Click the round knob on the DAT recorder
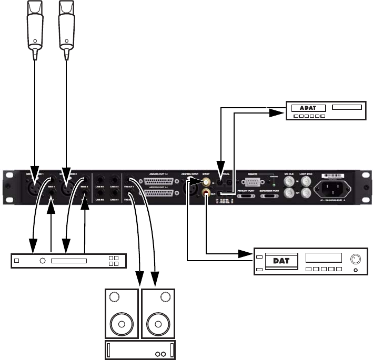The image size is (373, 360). click(x=356, y=259)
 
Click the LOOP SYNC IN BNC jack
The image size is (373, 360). click(x=304, y=181)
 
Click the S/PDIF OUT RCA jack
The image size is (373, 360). click(x=206, y=194)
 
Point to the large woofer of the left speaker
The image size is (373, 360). click(x=122, y=323)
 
